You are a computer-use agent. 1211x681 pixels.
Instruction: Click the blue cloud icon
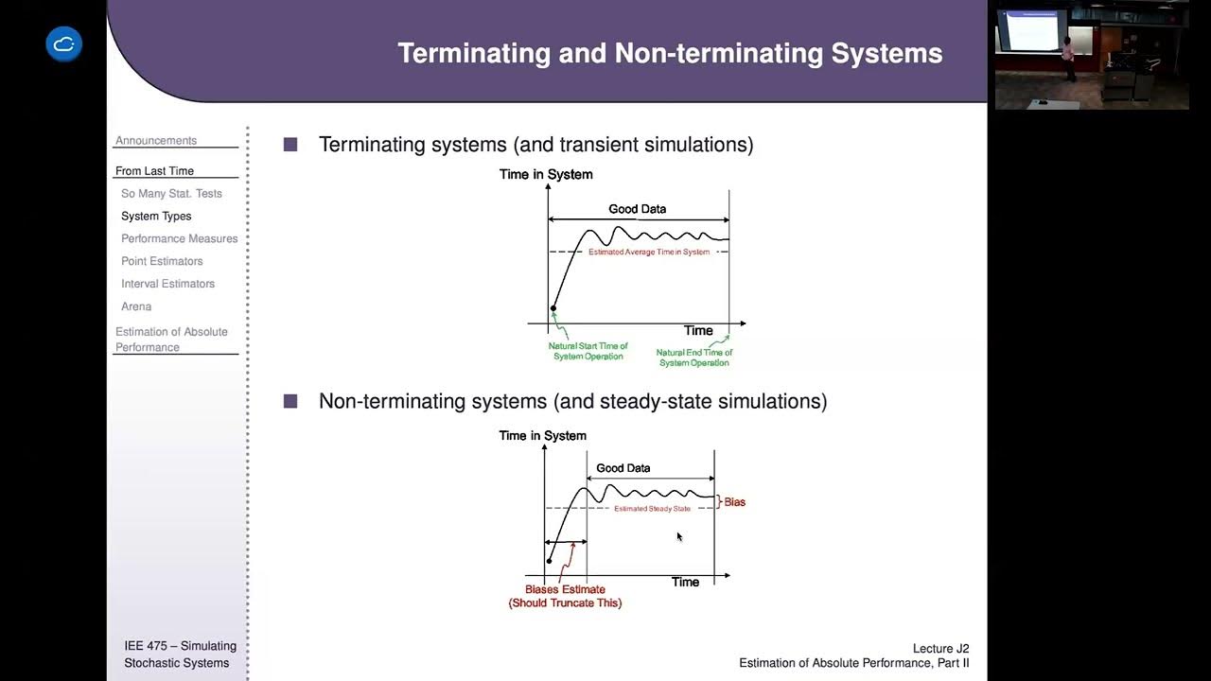[64, 44]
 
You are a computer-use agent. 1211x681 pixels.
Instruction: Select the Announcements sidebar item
[156, 141]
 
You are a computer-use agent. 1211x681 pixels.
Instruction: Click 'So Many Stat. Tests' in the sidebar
[171, 194]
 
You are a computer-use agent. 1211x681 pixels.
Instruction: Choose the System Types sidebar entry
[156, 217]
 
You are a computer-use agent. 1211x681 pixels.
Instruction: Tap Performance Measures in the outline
[179, 239]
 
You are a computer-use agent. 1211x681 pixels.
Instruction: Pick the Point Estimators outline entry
[162, 262]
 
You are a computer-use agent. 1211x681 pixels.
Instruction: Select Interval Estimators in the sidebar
[167, 285]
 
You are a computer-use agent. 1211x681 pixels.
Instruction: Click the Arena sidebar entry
[136, 307]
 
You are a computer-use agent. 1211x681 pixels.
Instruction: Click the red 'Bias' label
[734, 502]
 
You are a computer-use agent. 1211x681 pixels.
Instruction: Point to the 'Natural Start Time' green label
[588, 351]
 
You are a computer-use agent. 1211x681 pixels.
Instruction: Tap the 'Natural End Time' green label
[694, 358]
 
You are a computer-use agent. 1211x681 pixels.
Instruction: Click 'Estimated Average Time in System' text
[649, 253]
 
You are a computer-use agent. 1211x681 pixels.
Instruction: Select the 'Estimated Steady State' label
[652, 509]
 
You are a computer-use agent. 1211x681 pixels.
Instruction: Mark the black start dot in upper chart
[553, 308]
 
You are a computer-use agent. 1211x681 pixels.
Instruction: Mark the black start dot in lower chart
[549, 561]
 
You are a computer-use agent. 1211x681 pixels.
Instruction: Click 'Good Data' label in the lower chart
[623, 468]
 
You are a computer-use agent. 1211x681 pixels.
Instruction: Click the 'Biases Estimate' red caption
[565, 589]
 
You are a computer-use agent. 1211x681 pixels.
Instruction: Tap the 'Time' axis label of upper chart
[698, 331]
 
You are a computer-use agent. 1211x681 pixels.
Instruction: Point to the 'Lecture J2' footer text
[940, 649]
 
